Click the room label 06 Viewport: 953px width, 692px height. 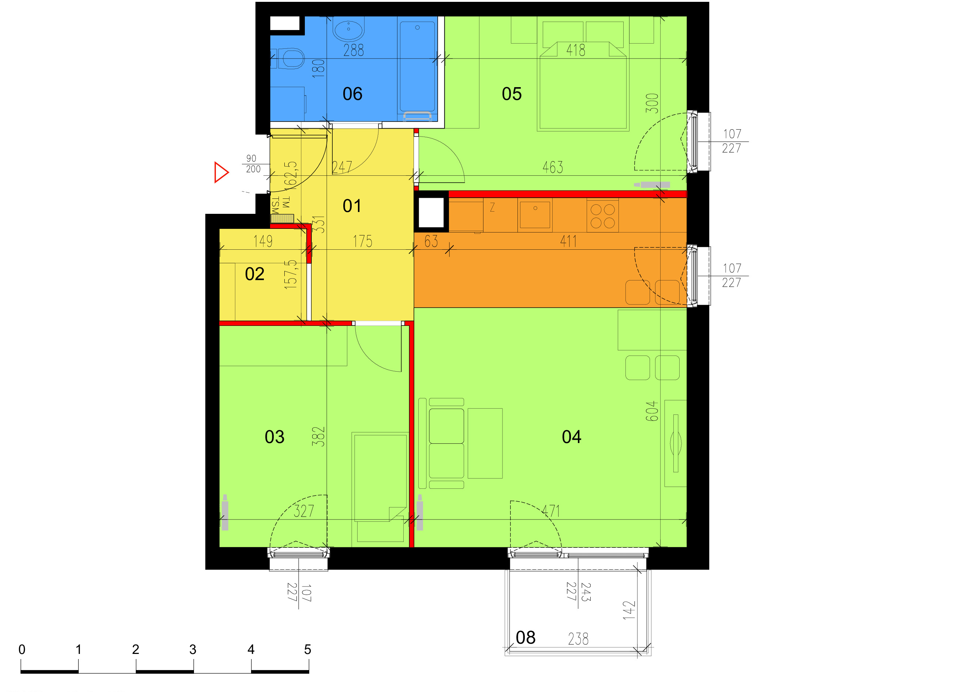pyautogui.click(x=352, y=94)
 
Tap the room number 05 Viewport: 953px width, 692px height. pyautogui.click(x=511, y=94)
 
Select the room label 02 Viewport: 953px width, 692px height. pyautogui.click(x=254, y=274)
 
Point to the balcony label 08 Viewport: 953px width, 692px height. pyautogui.click(x=525, y=637)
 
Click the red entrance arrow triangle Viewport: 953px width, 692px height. pyautogui.click(x=221, y=172)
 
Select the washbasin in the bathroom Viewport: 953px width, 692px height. pyautogui.click(x=348, y=29)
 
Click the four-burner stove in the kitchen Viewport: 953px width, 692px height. pyautogui.click(x=602, y=216)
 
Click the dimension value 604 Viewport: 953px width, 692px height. pyautogui.click(x=651, y=411)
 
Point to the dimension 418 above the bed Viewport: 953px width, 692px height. pyautogui.click(x=576, y=51)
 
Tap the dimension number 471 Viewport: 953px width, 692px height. pyautogui.click(x=550, y=511)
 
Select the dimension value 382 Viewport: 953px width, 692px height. pyautogui.click(x=318, y=436)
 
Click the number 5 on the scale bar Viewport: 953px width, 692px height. pyautogui.click(x=307, y=650)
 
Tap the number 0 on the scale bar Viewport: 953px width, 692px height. pyautogui.click(x=22, y=650)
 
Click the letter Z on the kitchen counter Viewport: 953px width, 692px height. pyautogui.click(x=492, y=207)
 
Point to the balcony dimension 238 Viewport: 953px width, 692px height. pyautogui.click(x=578, y=639)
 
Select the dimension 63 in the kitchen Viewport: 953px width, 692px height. pyautogui.click(x=431, y=241)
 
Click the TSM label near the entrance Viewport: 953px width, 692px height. pyautogui.click(x=275, y=205)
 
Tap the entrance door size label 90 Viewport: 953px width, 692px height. pyautogui.click(x=251, y=159)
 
